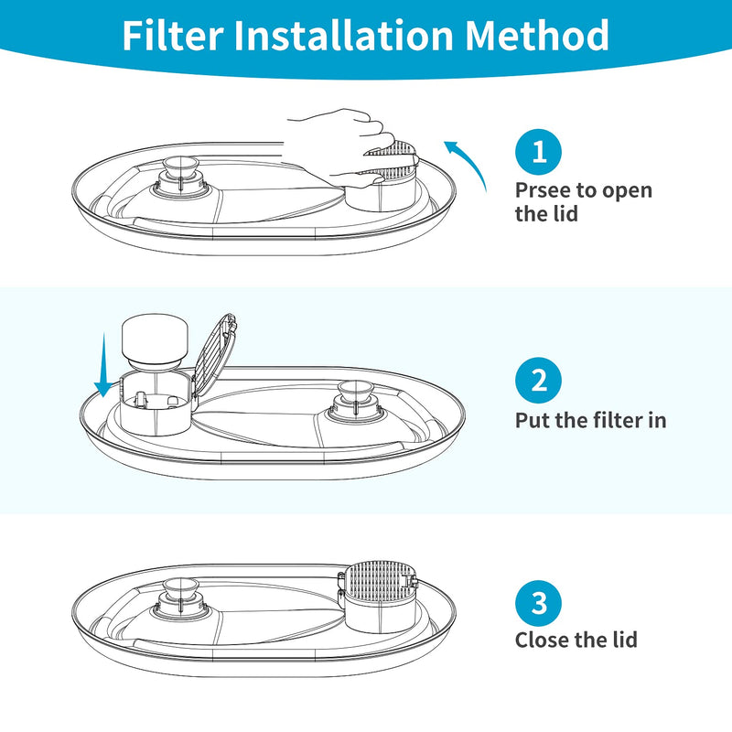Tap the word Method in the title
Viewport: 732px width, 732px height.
537,37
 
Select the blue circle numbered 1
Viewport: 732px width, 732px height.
538,152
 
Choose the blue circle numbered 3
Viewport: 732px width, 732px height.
538,602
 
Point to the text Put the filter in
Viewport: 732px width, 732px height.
590,421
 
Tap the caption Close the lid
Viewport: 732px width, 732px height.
576,640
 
